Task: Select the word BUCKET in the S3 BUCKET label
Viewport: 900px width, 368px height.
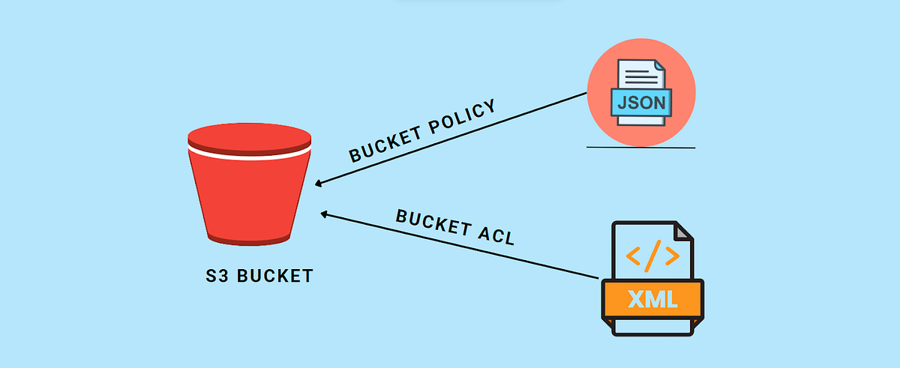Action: [x=274, y=276]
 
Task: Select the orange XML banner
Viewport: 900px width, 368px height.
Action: [x=652, y=300]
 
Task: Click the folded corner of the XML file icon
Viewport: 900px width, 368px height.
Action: [x=682, y=232]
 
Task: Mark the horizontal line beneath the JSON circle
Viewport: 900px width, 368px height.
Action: [x=640, y=148]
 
